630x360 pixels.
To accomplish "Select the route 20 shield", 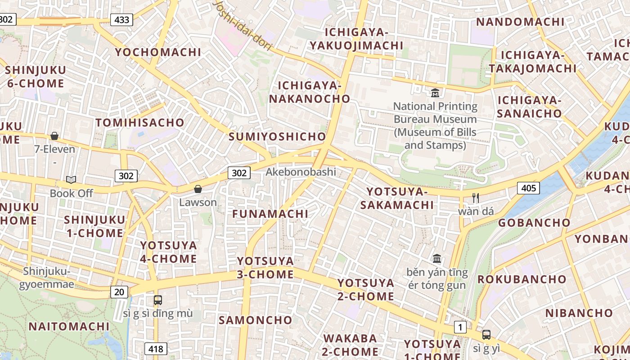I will point(119,292).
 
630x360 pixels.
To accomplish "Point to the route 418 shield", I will point(156,348).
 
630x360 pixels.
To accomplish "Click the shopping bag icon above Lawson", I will point(198,189).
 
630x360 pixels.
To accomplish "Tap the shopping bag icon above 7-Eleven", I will point(54,136).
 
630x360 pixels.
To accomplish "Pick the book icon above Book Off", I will point(71,180).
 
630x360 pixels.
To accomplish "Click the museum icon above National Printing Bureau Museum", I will point(435,93).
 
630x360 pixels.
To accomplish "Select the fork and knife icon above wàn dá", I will point(476,198).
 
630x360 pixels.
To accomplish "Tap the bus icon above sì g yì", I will point(486,335).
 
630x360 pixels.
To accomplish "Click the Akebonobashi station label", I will point(301,172).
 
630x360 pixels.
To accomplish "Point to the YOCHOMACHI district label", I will point(158,52).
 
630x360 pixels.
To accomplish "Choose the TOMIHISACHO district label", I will point(140,122).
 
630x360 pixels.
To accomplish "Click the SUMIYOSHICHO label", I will point(277,136).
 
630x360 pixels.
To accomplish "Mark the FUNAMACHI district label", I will point(270,214).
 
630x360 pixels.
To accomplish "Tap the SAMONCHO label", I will point(255,320).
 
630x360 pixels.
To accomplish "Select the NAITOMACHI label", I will point(69,326).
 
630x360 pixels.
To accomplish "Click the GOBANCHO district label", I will point(534,222).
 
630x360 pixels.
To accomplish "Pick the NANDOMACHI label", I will point(520,22).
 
